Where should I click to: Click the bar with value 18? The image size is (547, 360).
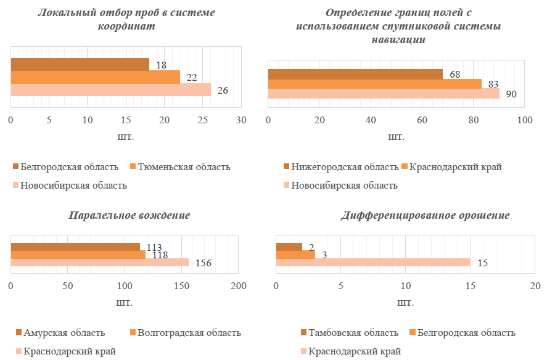coord(80,64)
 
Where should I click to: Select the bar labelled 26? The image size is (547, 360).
coord(111,90)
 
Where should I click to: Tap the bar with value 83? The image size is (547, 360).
coord(375,84)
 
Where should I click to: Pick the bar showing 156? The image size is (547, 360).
coord(100,263)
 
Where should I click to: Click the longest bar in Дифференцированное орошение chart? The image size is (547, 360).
coord(373,263)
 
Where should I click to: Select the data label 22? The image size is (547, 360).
coord(192,77)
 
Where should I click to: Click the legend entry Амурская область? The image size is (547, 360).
coord(64,333)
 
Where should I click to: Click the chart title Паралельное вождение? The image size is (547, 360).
coord(129,216)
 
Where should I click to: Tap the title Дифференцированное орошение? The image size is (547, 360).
coord(426,216)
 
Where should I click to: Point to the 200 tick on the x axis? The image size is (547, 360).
coord(239,286)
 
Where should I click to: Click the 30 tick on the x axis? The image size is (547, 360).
coord(241,120)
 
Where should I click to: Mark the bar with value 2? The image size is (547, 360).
coord(289,247)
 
